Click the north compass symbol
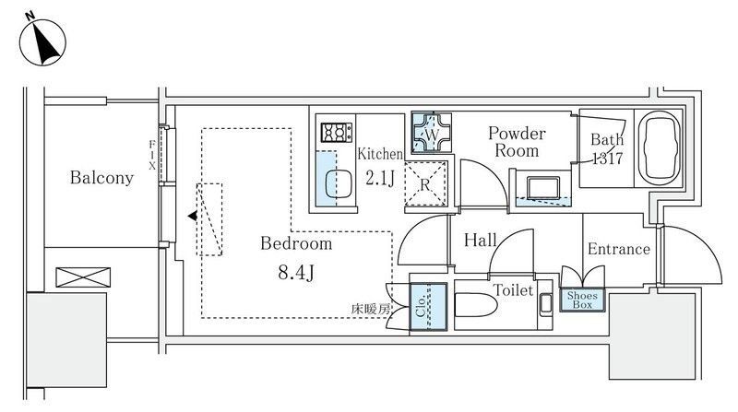pyautogui.click(x=42, y=41)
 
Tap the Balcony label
pyautogui.click(x=101, y=177)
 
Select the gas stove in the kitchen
pyautogui.click(x=337, y=132)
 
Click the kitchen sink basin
pyautogui.click(x=338, y=183)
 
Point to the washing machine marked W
pyautogui.click(x=431, y=133)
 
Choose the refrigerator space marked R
pyautogui.click(x=425, y=184)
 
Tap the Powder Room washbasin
pyautogui.click(x=543, y=188)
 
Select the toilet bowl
pyautogui.click(x=476, y=305)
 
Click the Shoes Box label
pyautogui.click(x=582, y=300)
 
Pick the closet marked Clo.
pyautogui.click(x=428, y=307)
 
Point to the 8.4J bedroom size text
pyautogui.click(x=296, y=272)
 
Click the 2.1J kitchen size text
pyautogui.click(x=380, y=178)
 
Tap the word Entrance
pyautogui.click(x=618, y=249)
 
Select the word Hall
pyautogui.click(x=480, y=240)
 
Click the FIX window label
pyautogui.click(x=152, y=155)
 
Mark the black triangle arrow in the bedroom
pyautogui.click(x=192, y=216)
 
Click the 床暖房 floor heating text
pyautogui.click(x=371, y=309)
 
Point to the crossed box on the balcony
pyautogui.click(x=83, y=277)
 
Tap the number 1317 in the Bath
pyautogui.click(x=607, y=158)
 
